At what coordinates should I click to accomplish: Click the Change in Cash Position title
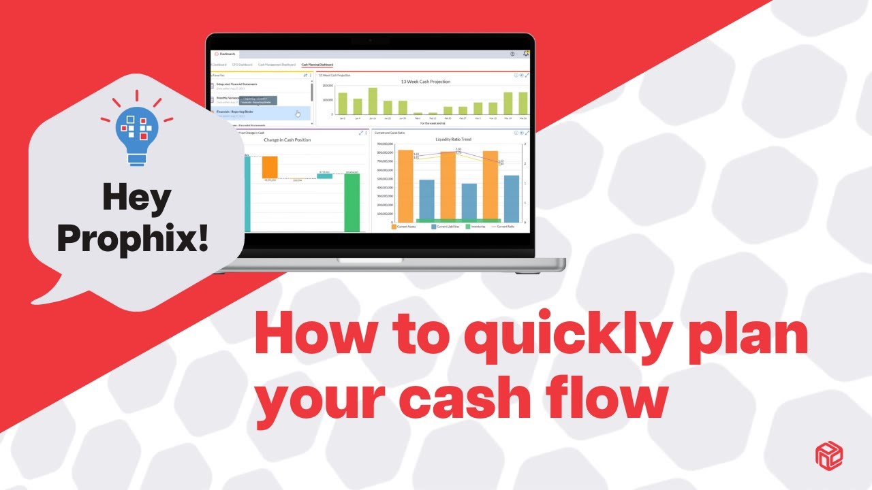coord(287,140)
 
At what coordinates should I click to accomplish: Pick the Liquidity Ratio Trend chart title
coord(453,139)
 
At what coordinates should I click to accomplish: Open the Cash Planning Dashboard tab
coord(317,64)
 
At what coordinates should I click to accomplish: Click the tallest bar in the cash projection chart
coord(373,101)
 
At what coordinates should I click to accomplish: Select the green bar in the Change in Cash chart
coord(352,202)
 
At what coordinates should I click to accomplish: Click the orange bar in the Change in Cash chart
coord(270,167)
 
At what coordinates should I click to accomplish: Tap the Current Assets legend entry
coord(405,227)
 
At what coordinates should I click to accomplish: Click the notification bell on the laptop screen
coord(525,54)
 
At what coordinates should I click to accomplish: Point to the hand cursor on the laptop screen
coord(298,114)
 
